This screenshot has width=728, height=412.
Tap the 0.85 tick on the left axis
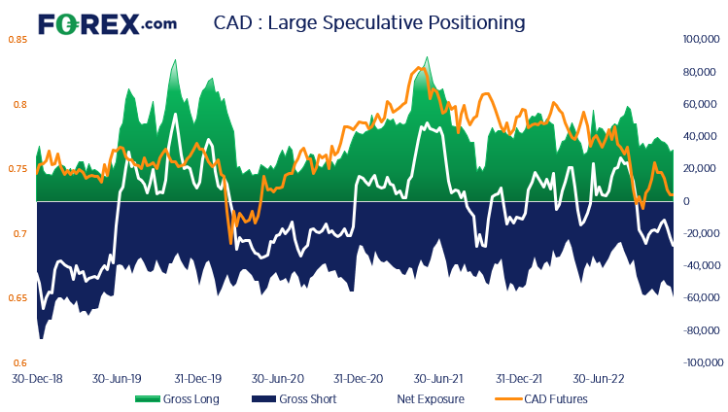click(x=17, y=40)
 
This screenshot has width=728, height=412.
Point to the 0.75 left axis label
click(x=17, y=169)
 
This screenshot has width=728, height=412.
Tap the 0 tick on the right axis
click(x=686, y=201)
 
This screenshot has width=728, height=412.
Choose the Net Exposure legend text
click(x=430, y=398)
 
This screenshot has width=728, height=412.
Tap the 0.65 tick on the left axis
click(x=17, y=298)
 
